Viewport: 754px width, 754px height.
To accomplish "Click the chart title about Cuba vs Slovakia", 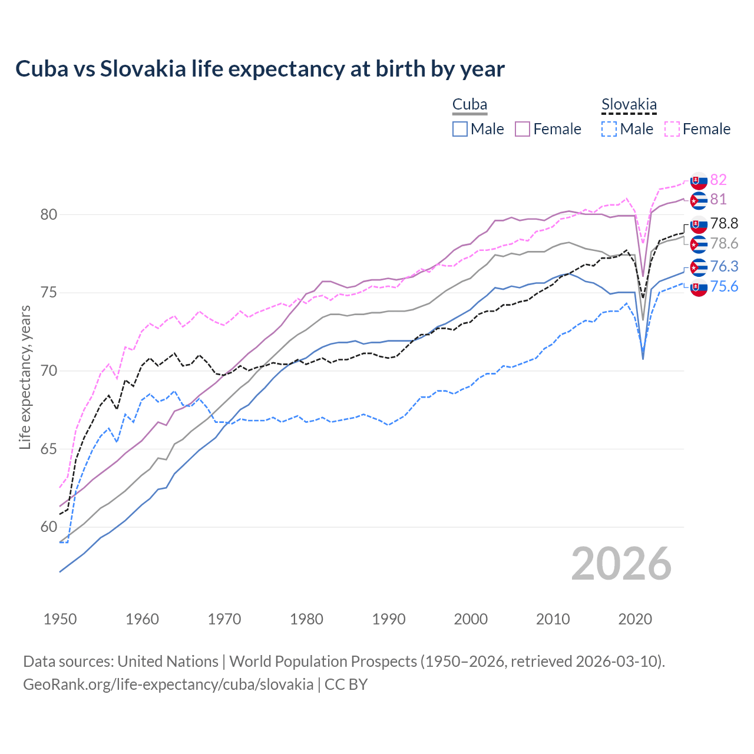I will (x=260, y=69).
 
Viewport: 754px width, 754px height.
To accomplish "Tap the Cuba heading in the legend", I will (x=469, y=105).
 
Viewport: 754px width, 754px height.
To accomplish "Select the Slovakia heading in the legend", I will (x=629, y=105).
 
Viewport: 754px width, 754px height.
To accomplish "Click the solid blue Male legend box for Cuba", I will (x=460, y=129).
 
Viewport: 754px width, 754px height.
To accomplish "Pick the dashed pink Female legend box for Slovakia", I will (x=672, y=129).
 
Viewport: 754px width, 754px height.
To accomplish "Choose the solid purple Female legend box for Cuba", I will (x=522, y=129).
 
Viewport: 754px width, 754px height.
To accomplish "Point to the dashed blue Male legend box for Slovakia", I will (x=609, y=129).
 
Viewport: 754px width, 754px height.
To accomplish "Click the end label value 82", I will (x=718, y=180).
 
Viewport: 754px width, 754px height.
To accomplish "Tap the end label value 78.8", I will (x=724, y=223).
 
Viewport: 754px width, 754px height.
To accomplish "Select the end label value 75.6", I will (x=724, y=286).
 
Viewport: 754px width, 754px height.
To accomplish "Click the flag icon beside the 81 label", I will (x=699, y=200).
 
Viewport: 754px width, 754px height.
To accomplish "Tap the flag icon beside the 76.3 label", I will (x=699, y=267).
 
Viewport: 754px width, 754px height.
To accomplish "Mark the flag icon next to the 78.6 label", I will (x=699, y=244).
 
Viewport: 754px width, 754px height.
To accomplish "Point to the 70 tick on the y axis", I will (x=49, y=371).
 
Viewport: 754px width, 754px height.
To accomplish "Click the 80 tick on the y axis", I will (x=49, y=215).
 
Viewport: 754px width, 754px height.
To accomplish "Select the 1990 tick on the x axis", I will (x=389, y=619).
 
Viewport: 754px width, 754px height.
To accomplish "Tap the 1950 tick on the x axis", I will (x=60, y=619).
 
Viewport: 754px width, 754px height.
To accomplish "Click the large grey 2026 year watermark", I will (x=621, y=564).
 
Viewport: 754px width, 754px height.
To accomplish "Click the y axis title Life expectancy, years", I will (x=25, y=377).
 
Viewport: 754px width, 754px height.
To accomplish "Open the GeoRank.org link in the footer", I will (x=168, y=684).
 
